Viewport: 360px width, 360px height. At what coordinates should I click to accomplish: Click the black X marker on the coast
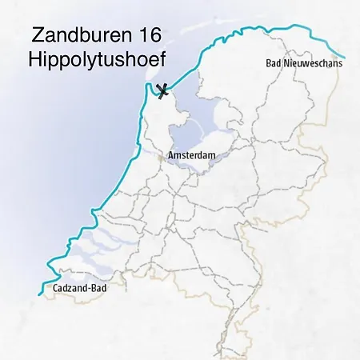pyautogui.click(x=163, y=90)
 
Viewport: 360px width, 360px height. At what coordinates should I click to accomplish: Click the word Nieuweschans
pyautogui.click(x=313, y=63)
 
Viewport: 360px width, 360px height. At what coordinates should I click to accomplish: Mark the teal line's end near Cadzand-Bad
pyautogui.click(x=38, y=294)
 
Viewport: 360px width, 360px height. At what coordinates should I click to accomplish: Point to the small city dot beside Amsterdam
pyautogui.click(x=162, y=159)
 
